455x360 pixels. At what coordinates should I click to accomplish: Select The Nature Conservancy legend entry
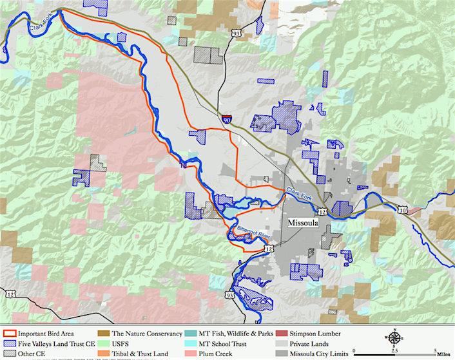(139, 334)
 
